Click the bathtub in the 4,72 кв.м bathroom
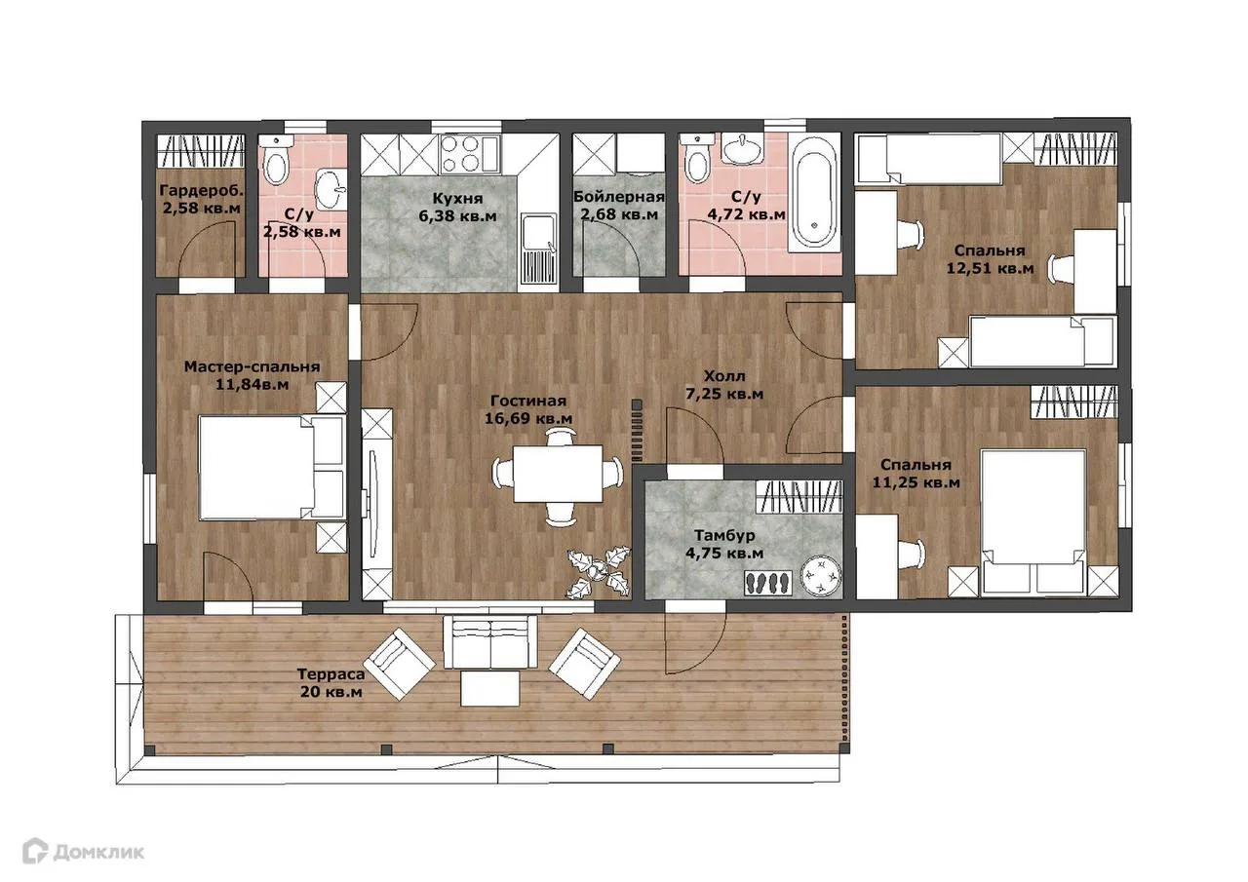coord(814,193)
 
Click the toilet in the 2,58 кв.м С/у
coord(276,161)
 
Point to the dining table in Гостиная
coord(558,473)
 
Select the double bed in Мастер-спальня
coord(272,467)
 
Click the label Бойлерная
coord(619,197)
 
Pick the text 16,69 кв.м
coord(528,418)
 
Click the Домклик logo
coord(83,852)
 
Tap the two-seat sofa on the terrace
coord(490,641)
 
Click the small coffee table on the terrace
coord(490,689)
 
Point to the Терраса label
coord(331,674)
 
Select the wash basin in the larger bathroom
coord(742,149)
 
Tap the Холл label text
coord(723,376)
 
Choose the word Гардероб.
coord(202,191)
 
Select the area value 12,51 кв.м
coord(990,268)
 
